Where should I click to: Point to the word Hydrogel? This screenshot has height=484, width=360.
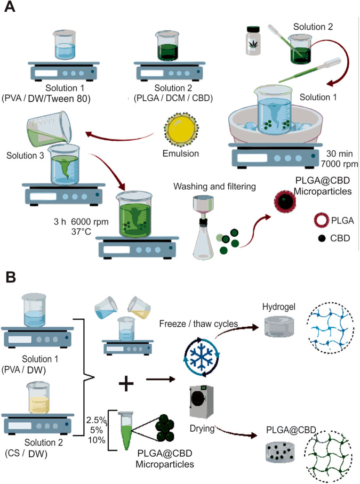pyautogui.click(x=275, y=306)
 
